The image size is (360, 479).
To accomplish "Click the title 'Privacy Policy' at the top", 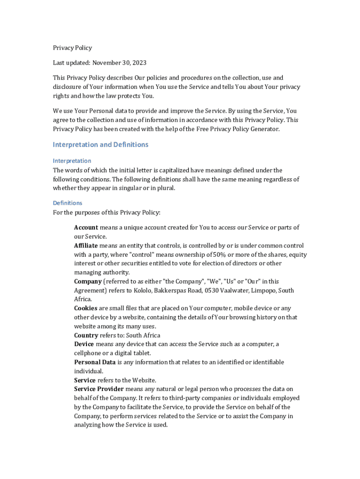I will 72,48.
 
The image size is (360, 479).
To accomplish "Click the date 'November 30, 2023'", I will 119,63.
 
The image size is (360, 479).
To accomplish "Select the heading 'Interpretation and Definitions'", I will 101,145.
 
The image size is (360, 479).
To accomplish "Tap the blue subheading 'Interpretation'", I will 72,161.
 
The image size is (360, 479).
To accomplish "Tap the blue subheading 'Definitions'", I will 67,203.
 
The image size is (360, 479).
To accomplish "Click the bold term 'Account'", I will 86,227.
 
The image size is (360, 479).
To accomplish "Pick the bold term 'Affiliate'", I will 86,246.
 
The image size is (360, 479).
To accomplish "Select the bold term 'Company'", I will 88,282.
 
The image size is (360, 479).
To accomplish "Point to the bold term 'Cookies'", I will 86,308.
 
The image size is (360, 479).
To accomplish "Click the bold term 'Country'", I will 86,335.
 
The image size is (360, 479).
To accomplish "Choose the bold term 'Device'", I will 84,344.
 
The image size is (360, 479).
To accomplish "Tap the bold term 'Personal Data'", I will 95,362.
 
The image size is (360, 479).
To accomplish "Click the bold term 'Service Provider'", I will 99,389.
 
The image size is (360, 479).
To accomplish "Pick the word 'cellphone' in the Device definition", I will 88,353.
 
